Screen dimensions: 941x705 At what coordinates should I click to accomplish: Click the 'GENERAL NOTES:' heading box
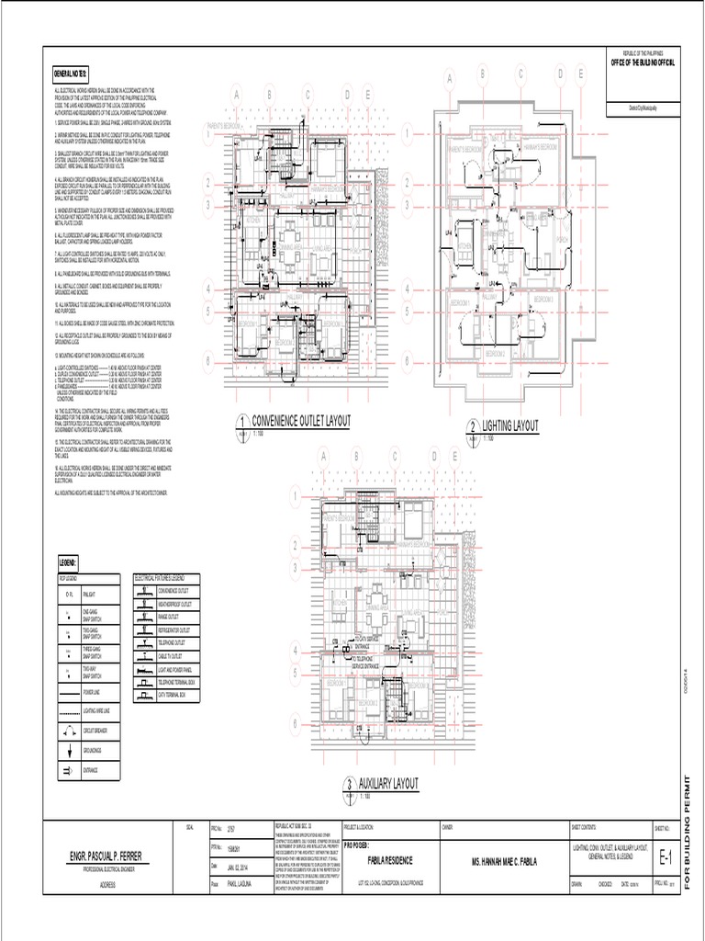click(71, 73)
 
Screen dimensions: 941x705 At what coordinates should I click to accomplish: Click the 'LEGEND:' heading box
click(68, 561)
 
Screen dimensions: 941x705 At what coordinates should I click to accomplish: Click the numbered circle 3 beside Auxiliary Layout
click(349, 785)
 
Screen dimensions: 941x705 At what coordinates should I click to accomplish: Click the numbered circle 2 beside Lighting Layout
click(473, 427)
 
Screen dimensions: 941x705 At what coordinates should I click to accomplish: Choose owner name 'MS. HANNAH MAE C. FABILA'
click(502, 860)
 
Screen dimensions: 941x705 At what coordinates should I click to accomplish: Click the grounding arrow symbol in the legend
click(69, 751)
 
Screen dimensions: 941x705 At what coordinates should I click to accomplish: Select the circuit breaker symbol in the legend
click(69, 731)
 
